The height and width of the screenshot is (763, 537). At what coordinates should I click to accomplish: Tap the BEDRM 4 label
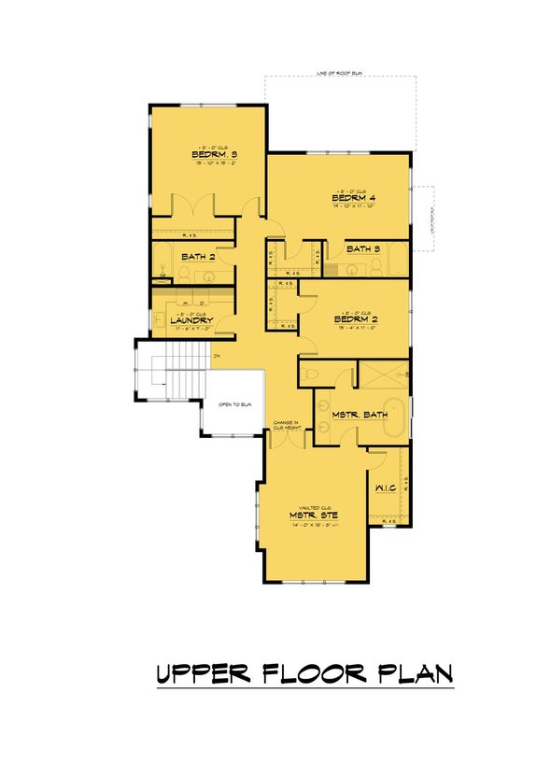353,199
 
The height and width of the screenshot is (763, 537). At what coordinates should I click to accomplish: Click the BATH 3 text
363,249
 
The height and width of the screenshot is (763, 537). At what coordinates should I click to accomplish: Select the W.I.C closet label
387,487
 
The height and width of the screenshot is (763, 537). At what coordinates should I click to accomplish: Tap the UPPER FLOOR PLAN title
304,672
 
